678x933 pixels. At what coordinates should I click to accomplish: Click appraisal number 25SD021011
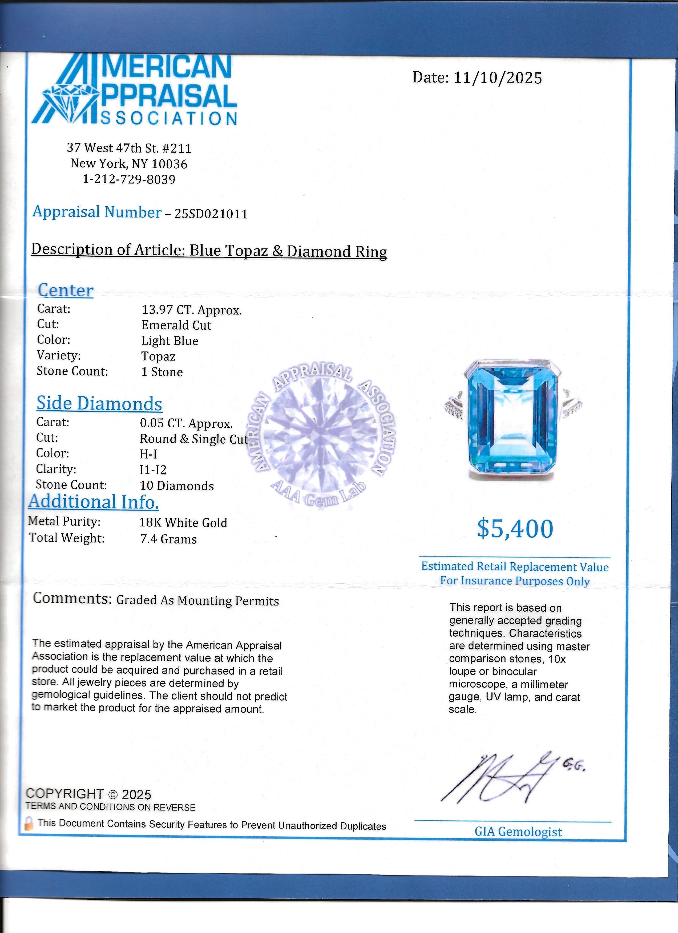(x=211, y=214)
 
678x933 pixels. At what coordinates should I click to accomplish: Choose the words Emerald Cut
(x=176, y=325)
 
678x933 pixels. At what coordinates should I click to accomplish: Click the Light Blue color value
(x=170, y=341)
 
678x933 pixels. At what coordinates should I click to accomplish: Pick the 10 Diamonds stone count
(x=177, y=486)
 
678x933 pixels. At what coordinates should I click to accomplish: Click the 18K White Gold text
(x=183, y=523)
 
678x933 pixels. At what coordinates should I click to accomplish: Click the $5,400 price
(x=515, y=529)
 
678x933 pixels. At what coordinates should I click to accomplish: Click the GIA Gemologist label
(x=518, y=832)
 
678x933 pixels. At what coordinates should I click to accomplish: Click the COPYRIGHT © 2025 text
(x=88, y=794)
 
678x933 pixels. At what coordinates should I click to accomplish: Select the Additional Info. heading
(x=94, y=502)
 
